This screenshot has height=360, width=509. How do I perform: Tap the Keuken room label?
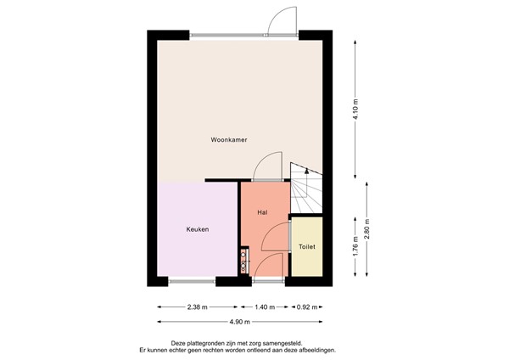pyautogui.click(x=198, y=229)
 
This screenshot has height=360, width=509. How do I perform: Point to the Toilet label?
pyautogui.click(x=306, y=247)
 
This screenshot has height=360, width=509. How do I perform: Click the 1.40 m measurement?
pyautogui.click(x=265, y=307)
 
